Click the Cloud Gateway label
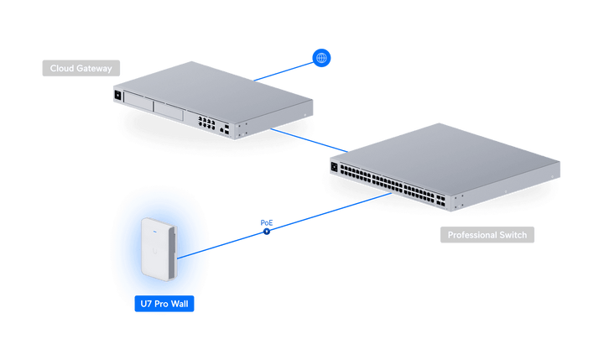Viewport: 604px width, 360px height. pyautogui.click(x=81, y=68)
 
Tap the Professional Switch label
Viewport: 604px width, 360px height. pyautogui.click(x=487, y=235)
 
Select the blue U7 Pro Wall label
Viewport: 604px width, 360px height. pyautogui.click(x=164, y=304)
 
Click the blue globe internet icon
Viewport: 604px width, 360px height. pyautogui.click(x=321, y=58)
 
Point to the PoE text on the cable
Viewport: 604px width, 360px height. pyautogui.click(x=267, y=222)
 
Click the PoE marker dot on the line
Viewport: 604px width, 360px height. pyautogui.click(x=267, y=232)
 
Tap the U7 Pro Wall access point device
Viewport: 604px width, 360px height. pyautogui.click(x=159, y=249)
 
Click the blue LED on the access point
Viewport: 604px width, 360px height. pyautogui.click(x=155, y=232)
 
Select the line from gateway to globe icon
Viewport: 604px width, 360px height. pyautogui.click(x=284, y=71)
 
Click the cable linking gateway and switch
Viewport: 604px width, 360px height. pyautogui.click(x=309, y=140)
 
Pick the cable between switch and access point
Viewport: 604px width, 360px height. pyautogui.click(x=284, y=226)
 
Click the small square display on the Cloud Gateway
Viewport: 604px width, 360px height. pyautogui.click(x=118, y=95)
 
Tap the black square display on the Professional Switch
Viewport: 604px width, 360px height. pyautogui.click(x=334, y=167)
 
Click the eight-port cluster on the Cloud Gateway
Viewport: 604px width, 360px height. pyautogui.click(x=207, y=123)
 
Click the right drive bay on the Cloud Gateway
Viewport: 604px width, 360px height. pyautogui.click(x=169, y=111)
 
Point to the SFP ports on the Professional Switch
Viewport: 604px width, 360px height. pyautogui.click(x=440, y=200)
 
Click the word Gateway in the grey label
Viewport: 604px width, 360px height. pyautogui.click(x=94, y=69)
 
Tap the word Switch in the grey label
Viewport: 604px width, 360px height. pyautogui.click(x=513, y=235)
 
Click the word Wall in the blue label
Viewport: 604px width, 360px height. pyautogui.click(x=180, y=304)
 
